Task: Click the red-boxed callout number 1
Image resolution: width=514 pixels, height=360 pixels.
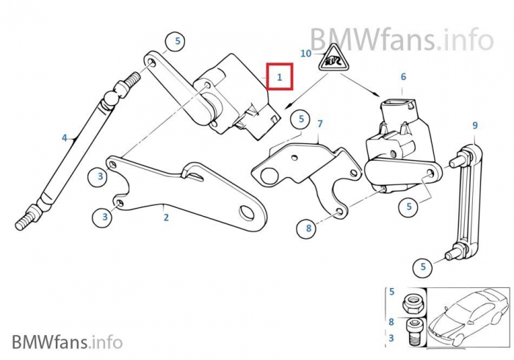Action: click(x=279, y=76)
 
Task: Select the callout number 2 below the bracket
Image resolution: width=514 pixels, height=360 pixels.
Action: click(x=166, y=217)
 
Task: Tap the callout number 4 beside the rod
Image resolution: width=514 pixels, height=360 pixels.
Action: click(x=65, y=137)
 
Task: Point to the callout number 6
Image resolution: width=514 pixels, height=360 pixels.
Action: click(x=403, y=76)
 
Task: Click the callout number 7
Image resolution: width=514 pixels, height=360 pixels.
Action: click(x=319, y=124)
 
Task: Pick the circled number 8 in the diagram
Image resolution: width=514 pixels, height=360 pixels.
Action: click(x=309, y=229)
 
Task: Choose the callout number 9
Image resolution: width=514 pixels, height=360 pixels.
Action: click(x=474, y=126)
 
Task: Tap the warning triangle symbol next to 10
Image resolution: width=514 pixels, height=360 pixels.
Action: click(x=332, y=57)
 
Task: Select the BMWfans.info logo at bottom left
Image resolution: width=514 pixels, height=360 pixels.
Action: click(x=67, y=342)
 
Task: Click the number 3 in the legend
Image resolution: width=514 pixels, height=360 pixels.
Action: click(x=391, y=337)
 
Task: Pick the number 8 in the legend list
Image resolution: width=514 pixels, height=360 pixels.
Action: click(x=391, y=321)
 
